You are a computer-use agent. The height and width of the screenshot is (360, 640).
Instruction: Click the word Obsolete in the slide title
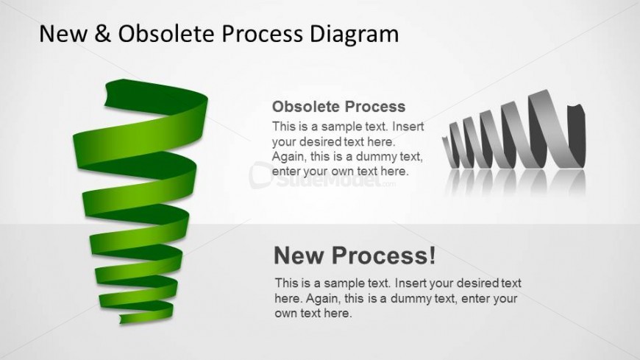point(166,33)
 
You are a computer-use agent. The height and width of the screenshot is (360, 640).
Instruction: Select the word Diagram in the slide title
point(354,35)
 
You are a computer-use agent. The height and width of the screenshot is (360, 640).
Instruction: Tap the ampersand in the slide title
point(102,33)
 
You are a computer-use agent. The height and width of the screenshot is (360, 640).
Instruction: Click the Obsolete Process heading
point(339,107)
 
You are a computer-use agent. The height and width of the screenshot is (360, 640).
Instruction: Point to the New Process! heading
point(355,255)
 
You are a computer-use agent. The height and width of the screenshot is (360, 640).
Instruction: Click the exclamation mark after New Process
point(433,255)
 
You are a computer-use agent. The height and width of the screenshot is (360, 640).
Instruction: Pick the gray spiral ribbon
point(513,130)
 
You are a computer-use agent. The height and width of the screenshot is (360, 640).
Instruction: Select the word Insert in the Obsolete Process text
point(408,127)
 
